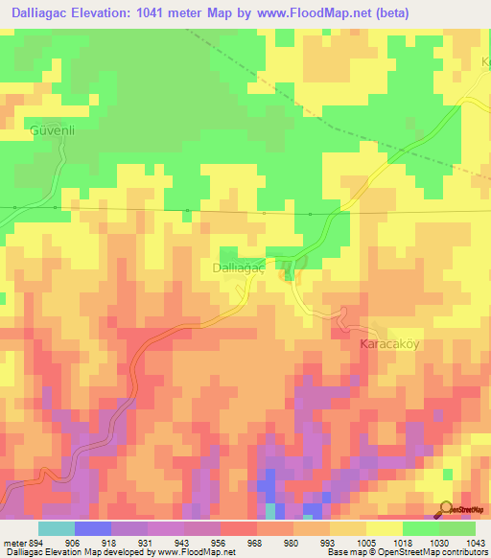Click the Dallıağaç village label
233,270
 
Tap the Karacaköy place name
390,343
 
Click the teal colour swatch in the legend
57,528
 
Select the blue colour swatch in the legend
93,528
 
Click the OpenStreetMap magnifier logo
445,508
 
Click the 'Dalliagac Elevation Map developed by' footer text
75,551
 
